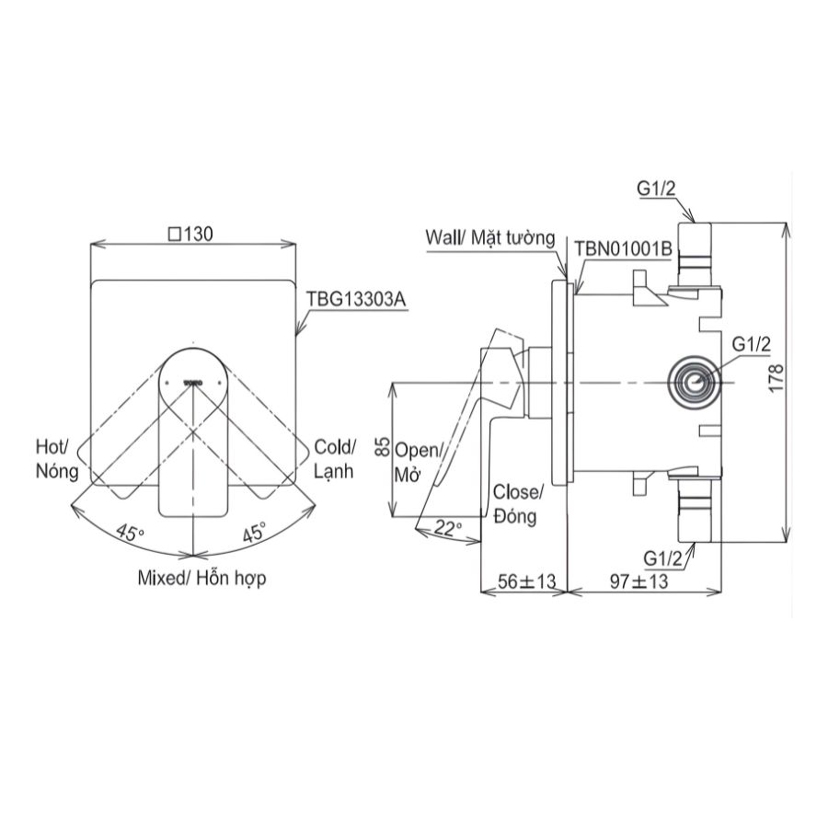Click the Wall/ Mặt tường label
[490, 238]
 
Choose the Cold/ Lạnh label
[334, 458]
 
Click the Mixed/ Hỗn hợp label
[194, 580]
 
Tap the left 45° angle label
[132, 532]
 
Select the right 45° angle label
[255, 532]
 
